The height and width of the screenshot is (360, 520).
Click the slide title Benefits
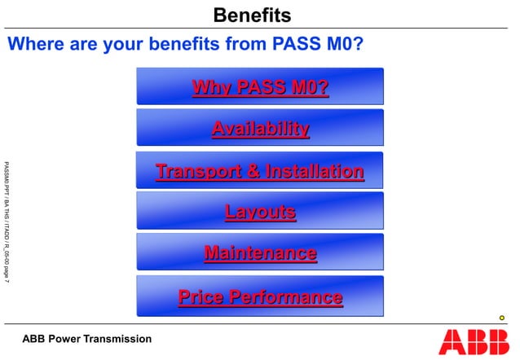point(251,15)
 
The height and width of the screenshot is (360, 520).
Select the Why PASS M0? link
point(260,87)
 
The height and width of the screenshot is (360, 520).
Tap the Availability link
point(260,129)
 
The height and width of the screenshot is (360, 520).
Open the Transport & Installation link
point(260,171)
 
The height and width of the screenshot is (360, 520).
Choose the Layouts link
point(260,213)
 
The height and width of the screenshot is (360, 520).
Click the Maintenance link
point(260,253)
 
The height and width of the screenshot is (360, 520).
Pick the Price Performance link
point(260,296)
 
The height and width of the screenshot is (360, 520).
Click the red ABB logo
point(469,341)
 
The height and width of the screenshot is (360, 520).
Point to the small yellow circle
point(502,318)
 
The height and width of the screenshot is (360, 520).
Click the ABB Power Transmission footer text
point(86,338)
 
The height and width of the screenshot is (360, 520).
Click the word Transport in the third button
point(199,171)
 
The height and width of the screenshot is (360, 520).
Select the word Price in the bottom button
point(201,296)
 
